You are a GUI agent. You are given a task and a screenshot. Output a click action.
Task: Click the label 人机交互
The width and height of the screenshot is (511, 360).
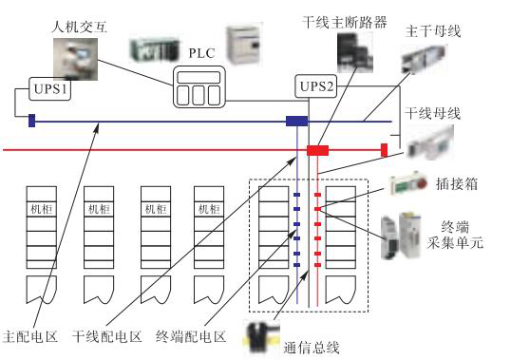78,18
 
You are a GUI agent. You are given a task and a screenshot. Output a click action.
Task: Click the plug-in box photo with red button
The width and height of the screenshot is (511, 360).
403,184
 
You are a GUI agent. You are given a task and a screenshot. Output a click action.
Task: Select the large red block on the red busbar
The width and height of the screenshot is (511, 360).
316,150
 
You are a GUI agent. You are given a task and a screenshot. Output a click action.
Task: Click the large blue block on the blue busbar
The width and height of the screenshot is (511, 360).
297,121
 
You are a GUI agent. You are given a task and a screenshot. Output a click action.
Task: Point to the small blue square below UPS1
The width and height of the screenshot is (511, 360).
31,121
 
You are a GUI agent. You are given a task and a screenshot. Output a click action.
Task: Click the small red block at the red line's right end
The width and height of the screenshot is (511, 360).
385,149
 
